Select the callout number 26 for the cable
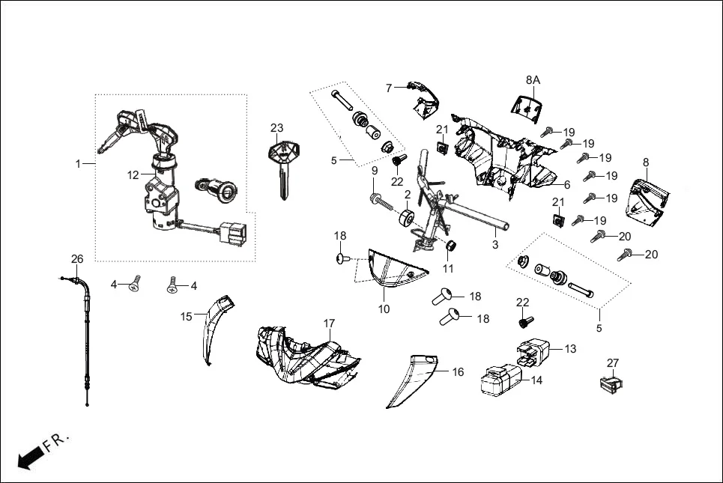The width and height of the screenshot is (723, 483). pyautogui.click(x=77, y=259)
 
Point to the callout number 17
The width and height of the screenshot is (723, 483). pyautogui.click(x=328, y=323)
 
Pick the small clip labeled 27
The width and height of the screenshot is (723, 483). pyautogui.click(x=611, y=385)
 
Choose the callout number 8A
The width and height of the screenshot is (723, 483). pyautogui.click(x=533, y=79)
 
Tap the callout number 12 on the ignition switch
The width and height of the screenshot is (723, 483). pyautogui.click(x=133, y=175)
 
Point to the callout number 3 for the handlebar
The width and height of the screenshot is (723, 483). pyautogui.click(x=494, y=245)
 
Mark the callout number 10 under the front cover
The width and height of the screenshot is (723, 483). pyautogui.click(x=383, y=309)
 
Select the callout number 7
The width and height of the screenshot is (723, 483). pyautogui.click(x=389, y=88)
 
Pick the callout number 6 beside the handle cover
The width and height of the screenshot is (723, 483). pyautogui.click(x=566, y=184)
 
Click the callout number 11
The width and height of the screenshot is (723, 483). pyautogui.click(x=448, y=268)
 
